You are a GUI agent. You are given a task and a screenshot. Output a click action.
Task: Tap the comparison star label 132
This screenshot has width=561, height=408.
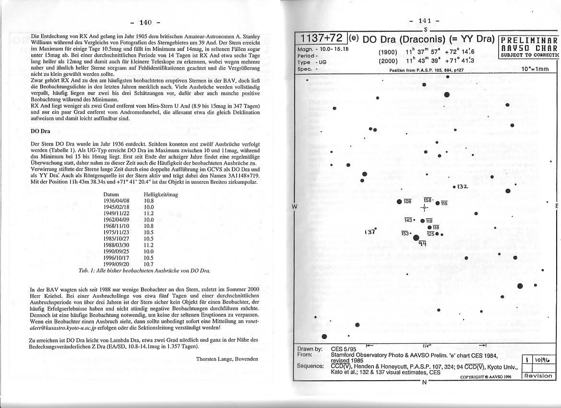tap(462, 186)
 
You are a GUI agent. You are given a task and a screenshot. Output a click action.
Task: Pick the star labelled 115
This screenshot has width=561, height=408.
tap(437, 203)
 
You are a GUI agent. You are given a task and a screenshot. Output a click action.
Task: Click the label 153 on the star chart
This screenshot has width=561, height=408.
tap(405, 233)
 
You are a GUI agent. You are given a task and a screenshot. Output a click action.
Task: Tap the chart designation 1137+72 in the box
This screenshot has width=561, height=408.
tap(321, 38)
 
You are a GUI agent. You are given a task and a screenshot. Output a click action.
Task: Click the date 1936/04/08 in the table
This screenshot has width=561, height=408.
tap(117, 200)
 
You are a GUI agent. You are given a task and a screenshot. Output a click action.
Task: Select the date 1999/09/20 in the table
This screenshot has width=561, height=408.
tap(117, 264)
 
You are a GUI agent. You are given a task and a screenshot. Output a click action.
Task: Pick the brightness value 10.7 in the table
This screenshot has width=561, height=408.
tap(149, 264)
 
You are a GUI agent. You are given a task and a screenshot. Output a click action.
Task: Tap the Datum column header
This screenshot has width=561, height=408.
tap(111, 194)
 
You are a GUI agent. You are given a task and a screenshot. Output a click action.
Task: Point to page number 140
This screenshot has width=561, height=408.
tap(145, 22)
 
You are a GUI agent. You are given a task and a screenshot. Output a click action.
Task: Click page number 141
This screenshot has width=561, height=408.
tap(425, 21)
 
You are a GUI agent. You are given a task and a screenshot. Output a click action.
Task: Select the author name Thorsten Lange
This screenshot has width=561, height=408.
tap(227, 359)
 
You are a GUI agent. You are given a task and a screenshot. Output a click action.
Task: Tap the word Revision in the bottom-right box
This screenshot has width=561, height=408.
tap(538, 376)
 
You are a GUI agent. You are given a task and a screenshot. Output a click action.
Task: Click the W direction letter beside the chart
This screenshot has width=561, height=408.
tap(294, 206)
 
